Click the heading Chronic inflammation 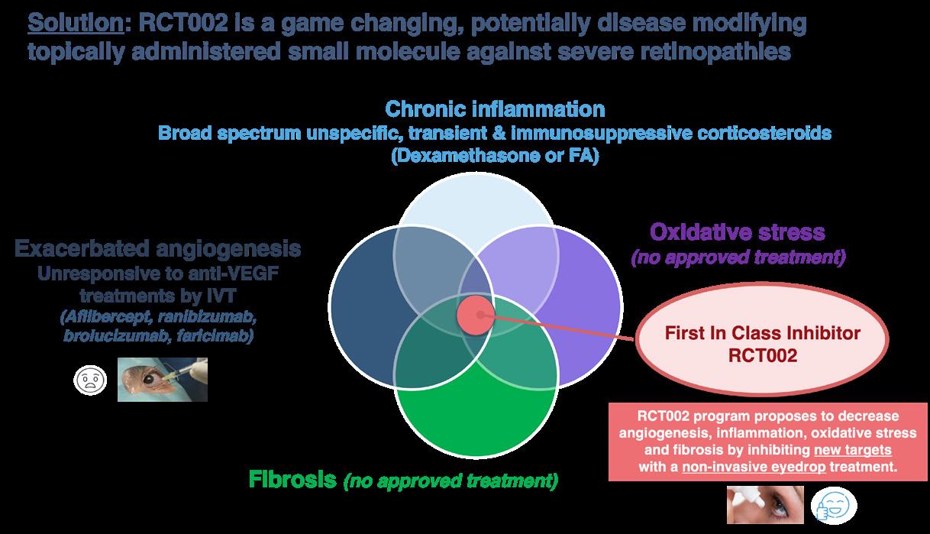click(x=495, y=108)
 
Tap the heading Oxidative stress click(x=738, y=231)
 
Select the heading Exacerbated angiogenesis click(x=157, y=249)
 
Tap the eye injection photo click(x=162, y=380)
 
